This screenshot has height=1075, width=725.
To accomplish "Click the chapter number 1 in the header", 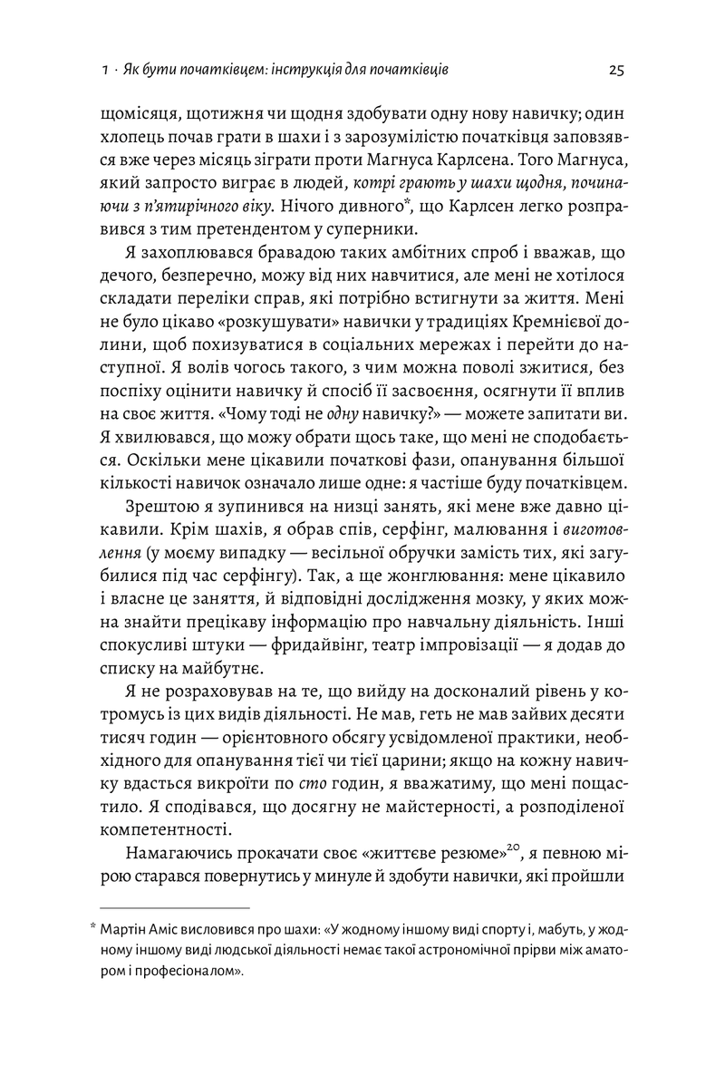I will (x=106, y=70).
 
